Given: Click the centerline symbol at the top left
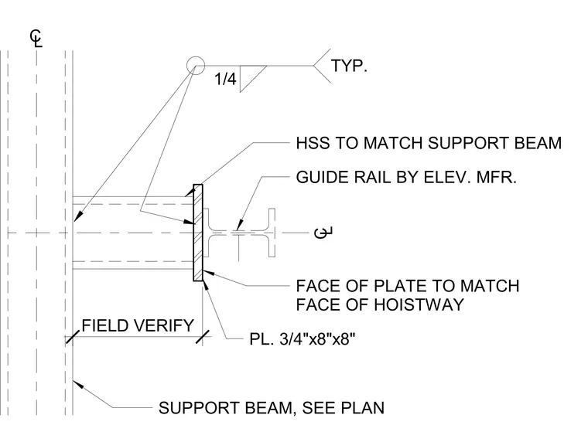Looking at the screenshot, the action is pyautogui.click(x=36, y=39).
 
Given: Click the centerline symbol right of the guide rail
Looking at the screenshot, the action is pyautogui.click(x=323, y=233).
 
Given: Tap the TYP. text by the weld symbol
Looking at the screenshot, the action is pyautogui.click(x=349, y=66).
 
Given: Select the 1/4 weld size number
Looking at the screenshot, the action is pyautogui.click(x=225, y=79).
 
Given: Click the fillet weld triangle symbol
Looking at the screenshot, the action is pyautogui.click(x=249, y=76).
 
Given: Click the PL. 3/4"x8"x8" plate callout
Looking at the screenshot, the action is pyautogui.click(x=303, y=339).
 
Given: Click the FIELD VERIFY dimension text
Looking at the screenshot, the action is pyautogui.click(x=138, y=325).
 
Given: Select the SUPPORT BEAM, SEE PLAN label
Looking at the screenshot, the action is pyautogui.click(x=272, y=407).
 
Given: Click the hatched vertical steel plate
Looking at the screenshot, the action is pyautogui.click(x=198, y=233).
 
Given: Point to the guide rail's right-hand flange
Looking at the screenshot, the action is pyautogui.click(x=272, y=233).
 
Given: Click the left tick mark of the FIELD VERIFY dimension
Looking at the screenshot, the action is pyautogui.click(x=73, y=337).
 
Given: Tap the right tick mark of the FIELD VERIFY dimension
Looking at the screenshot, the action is pyautogui.click(x=203, y=337).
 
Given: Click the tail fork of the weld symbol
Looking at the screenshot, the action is pyautogui.click(x=322, y=66).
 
